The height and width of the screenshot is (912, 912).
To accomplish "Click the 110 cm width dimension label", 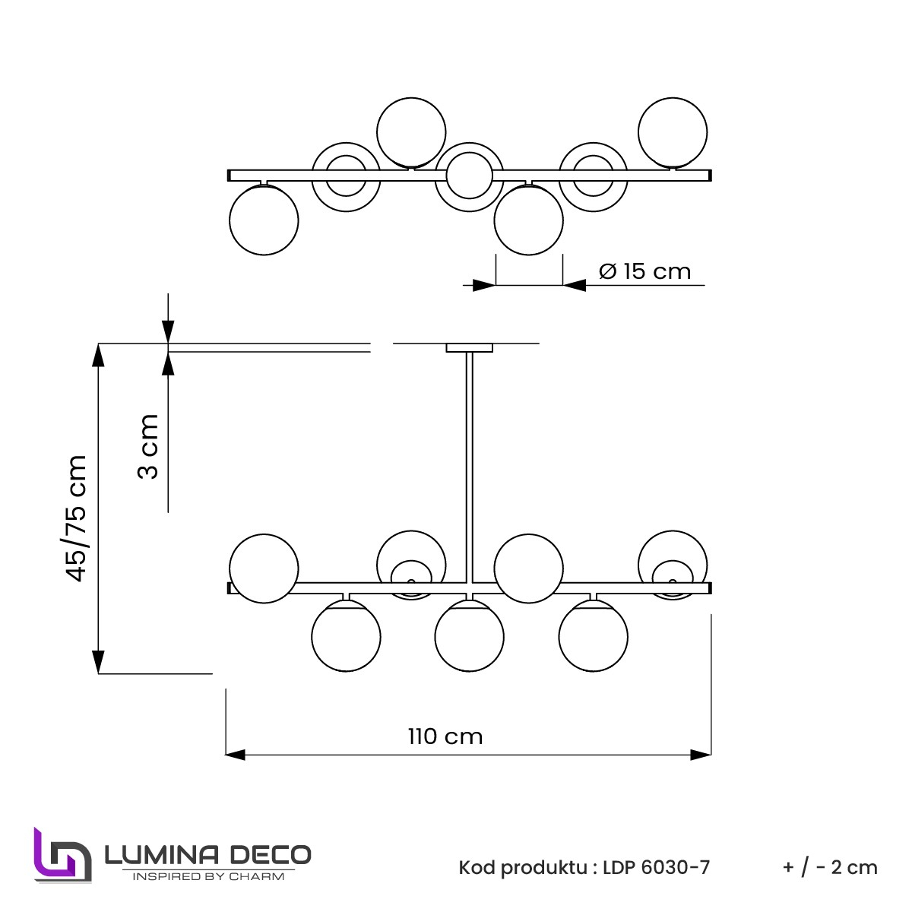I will point(445,736).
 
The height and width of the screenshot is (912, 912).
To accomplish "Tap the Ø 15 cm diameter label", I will point(644,271).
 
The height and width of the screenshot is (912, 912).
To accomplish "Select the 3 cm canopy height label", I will point(148,446).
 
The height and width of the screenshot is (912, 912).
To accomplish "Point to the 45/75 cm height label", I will point(77,518).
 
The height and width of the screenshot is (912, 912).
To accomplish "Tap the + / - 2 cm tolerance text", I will point(830,867).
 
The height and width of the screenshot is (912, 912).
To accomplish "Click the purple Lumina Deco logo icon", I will point(62,854).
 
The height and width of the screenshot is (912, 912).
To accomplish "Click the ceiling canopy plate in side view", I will point(469,348).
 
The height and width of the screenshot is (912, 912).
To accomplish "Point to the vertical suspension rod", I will point(469,464).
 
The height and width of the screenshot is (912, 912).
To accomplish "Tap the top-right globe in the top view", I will point(673,131).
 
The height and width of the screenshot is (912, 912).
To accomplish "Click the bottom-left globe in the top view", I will point(264,220).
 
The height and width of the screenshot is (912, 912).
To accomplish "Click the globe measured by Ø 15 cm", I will point(528,220).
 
